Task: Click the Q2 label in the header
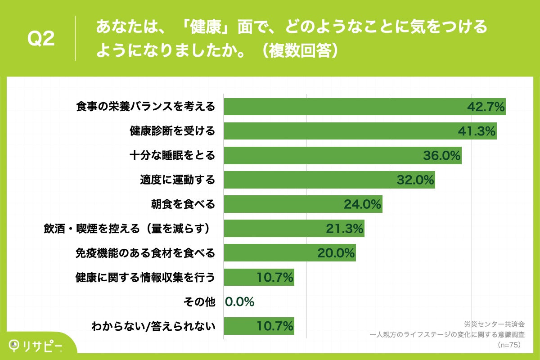(41, 39)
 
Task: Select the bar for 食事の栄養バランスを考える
(342, 107)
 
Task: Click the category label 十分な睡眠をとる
(172, 156)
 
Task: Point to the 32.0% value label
(415, 180)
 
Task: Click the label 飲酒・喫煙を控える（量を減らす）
(127, 229)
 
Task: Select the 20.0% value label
(336, 253)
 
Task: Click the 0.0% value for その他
(240, 301)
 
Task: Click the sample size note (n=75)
(508, 345)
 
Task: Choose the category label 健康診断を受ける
(172, 131)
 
